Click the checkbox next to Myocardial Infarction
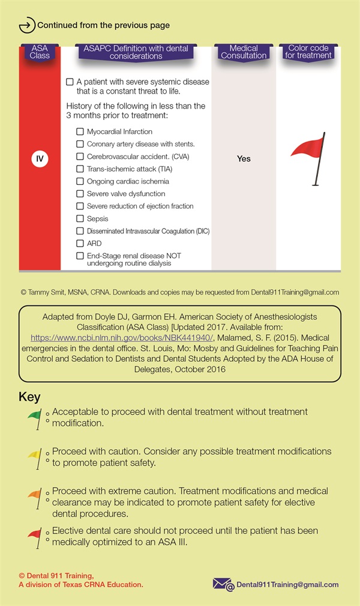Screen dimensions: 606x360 pos(80,131)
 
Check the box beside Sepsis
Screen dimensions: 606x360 pos(80,218)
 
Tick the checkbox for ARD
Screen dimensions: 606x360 pos(80,244)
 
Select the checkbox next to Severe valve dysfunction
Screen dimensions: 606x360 pos(80,194)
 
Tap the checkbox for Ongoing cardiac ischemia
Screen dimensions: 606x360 pos(80,181)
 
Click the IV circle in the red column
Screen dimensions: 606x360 pos(40,159)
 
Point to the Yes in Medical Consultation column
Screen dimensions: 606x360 pos(244,159)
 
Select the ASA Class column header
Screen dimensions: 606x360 pos(40,52)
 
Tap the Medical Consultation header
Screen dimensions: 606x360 pos(244,52)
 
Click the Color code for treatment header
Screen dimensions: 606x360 pos(308,52)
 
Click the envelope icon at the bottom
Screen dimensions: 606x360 pos(222,584)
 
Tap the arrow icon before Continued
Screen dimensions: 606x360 pos(27,26)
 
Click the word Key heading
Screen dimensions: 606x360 pos(30,397)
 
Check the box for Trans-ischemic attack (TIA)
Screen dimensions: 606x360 pos(80,169)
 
